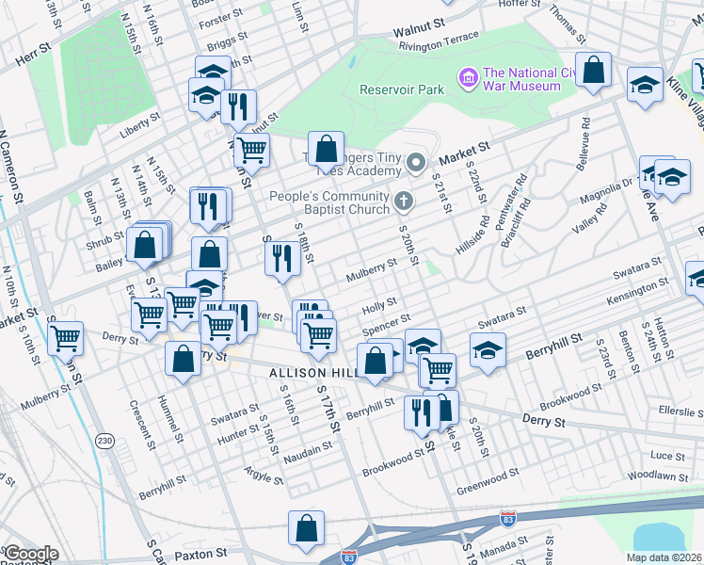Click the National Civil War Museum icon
pos(468,76)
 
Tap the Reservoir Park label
pos(401,90)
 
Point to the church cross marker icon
pos(404,199)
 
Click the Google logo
pos(30,554)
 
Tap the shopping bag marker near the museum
pos(594,71)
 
